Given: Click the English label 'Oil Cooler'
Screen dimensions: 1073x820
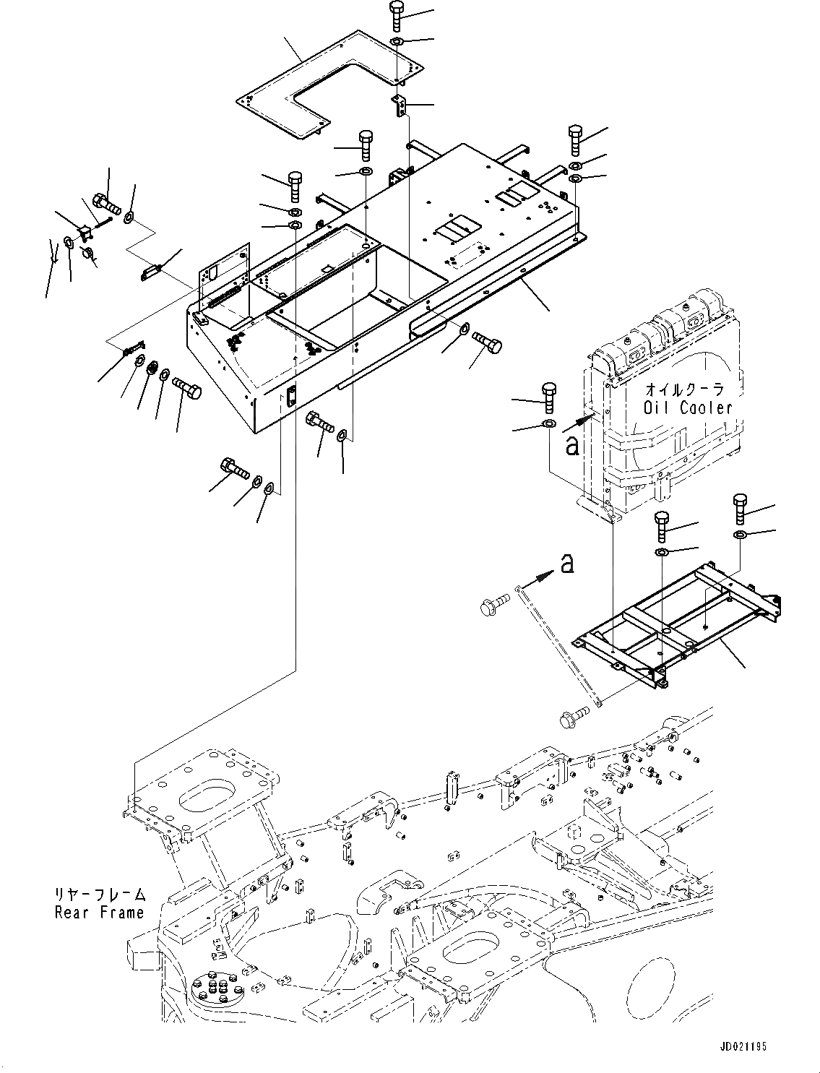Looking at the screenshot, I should pos(688,408).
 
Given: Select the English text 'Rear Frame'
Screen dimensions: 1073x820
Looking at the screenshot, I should pos(100,913).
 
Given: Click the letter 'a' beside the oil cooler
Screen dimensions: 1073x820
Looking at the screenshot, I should pos(572,446).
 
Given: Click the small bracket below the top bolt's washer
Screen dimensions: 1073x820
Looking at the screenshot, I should pos(400,105).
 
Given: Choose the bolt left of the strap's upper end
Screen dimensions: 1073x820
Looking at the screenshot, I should pos(493,606).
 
